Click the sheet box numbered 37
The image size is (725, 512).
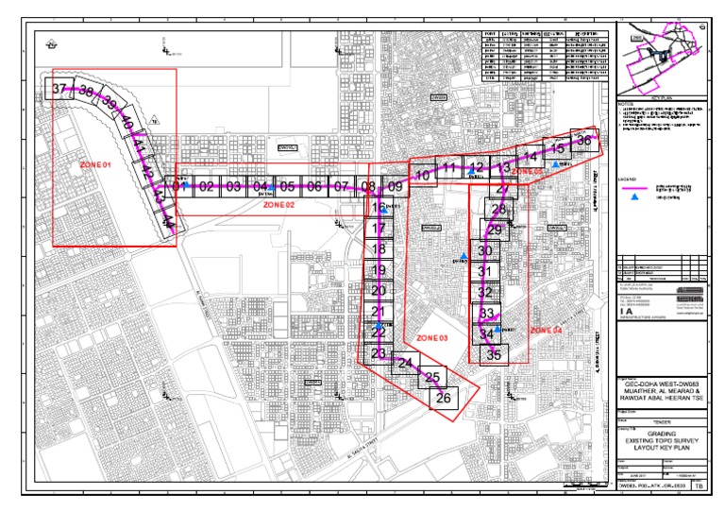59,89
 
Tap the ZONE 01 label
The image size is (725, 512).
95,165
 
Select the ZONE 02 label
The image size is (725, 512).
279,204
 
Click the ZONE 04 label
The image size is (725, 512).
546,331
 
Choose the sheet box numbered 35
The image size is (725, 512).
494,355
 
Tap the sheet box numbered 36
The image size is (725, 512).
584,141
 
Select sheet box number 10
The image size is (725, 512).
424,175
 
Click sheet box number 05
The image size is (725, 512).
288,187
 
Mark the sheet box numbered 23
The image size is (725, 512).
379,354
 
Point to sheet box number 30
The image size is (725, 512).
485,250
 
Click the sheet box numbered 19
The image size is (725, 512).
379,270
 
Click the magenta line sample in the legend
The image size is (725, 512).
635,187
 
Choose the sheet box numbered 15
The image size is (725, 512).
558,147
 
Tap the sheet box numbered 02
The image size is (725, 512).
206,187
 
